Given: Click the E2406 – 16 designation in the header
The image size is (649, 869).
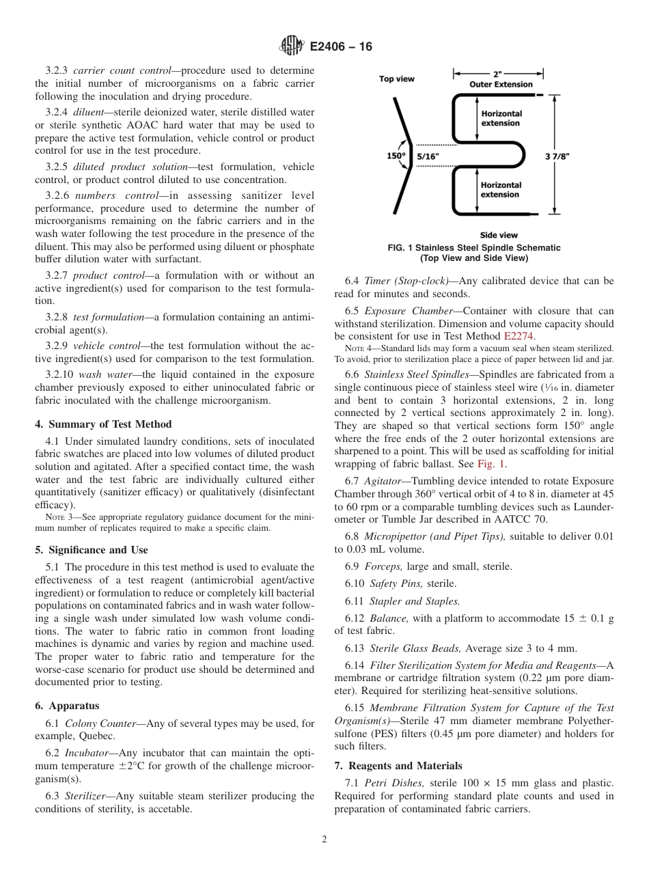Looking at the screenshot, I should tap(341, 47).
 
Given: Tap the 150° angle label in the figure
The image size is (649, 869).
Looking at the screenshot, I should tap(396, 155).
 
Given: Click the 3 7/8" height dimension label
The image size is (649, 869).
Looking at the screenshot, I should tap(557, 156).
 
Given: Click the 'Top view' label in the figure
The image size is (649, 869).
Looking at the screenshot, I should tap(397, 79).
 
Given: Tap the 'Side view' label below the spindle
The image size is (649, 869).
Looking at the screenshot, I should tap(499, 235).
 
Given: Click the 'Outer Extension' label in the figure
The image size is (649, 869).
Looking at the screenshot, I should tap(501, 84).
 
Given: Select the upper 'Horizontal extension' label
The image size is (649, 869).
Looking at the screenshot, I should tap(501, 118).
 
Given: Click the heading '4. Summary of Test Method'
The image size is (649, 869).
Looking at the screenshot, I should tap(103, 424).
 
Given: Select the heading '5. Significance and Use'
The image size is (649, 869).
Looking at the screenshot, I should tap(91, 549).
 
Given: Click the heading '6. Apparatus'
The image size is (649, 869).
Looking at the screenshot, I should tap(67, 706).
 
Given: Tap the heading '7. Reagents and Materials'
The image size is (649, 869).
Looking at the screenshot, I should tap(398, 765).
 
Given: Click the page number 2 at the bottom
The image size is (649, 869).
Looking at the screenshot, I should tap(324, 840).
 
